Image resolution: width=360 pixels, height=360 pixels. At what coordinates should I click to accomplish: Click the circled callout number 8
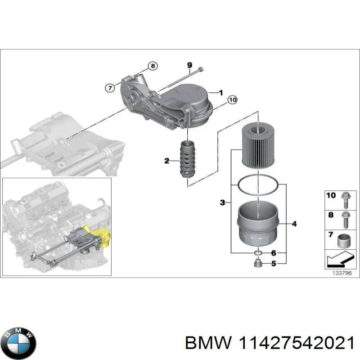153,67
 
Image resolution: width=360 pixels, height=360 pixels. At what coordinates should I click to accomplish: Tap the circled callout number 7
109,88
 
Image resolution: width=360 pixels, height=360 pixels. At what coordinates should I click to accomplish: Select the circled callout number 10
232,100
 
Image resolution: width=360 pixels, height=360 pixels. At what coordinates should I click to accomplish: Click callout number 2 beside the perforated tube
167,161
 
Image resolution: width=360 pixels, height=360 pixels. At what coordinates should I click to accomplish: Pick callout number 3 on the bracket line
222,203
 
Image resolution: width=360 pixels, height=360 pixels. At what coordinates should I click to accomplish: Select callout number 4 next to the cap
294,224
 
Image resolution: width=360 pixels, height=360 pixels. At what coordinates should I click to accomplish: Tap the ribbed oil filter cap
257,224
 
